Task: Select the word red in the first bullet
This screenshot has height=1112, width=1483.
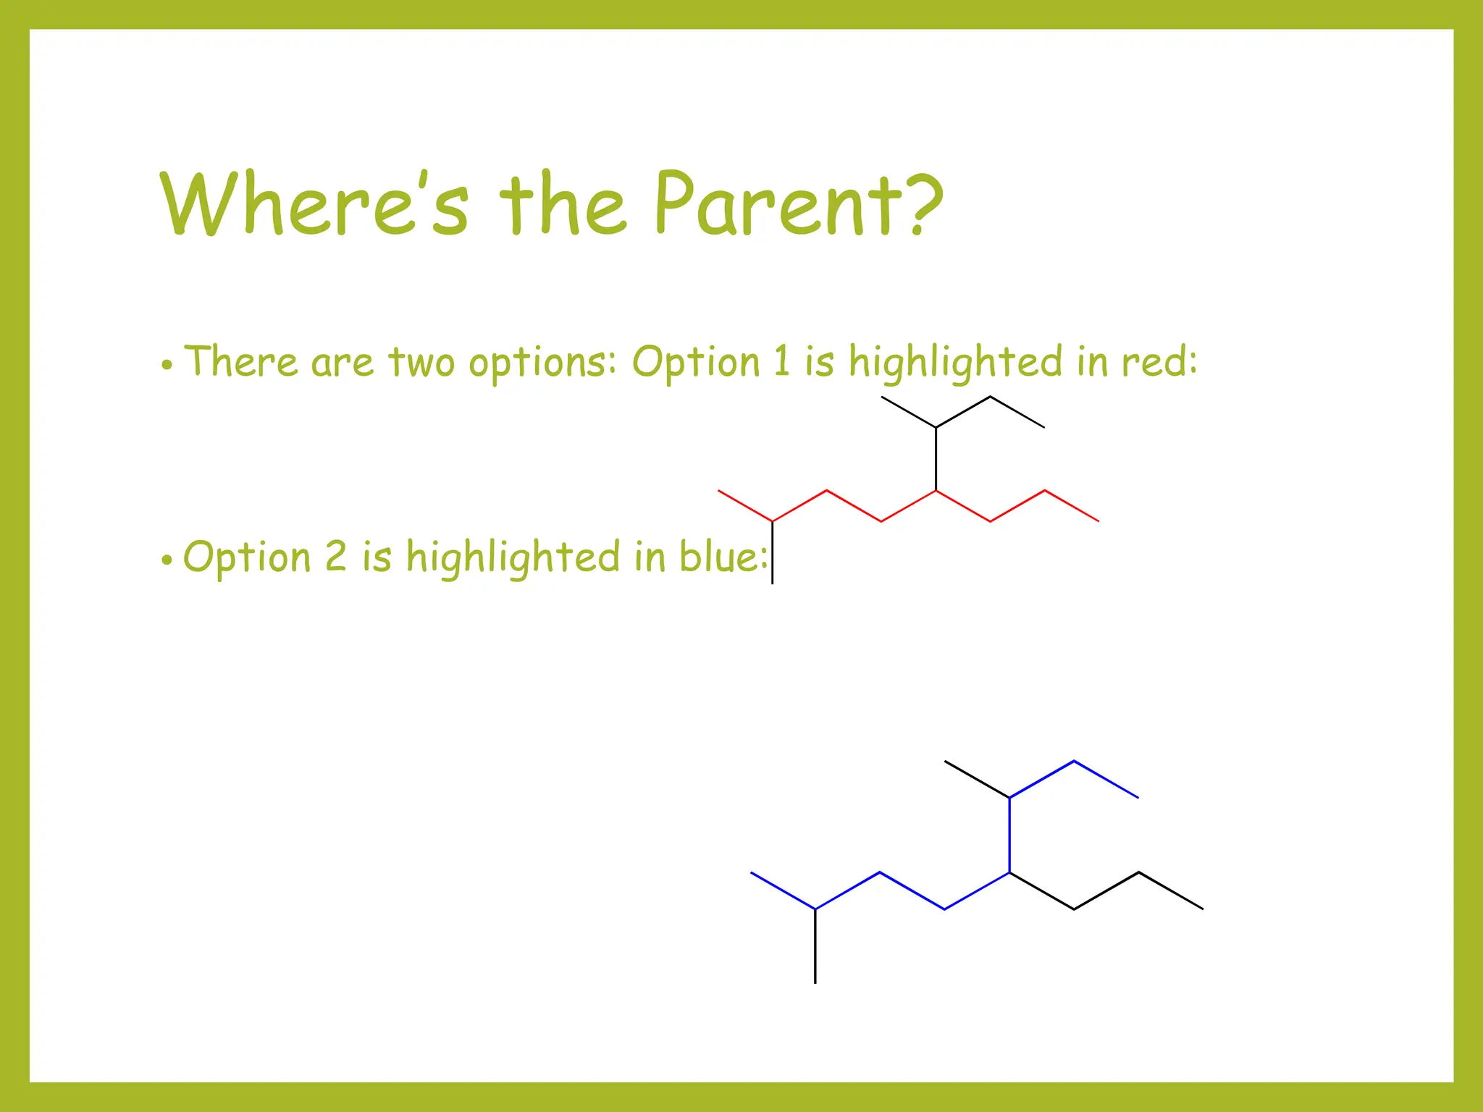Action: [1154, 362]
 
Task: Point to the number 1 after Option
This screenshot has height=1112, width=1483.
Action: [781, 361]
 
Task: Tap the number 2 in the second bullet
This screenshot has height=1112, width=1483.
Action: [336, 557]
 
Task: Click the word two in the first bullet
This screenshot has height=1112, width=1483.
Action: [421, 362]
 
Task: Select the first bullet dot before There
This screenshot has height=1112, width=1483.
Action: [167, 365]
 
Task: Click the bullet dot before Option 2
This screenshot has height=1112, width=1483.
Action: [167, 560]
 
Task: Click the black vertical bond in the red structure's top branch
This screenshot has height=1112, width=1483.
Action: [936, 459]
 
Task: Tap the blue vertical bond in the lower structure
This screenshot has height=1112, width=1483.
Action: [1009, 835]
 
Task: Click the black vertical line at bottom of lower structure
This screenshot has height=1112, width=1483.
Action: [815, 946]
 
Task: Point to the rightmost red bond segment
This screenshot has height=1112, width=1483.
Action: [1072, 505]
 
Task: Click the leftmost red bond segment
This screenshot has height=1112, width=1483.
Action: [745, 505]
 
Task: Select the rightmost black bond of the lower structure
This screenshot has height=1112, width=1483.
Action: [1171, 890]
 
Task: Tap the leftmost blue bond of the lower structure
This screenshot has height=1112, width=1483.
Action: [783, 890]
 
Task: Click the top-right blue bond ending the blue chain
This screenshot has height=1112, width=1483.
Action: [1106, 779]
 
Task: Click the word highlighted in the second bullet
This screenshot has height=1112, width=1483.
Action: [513, 558]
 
